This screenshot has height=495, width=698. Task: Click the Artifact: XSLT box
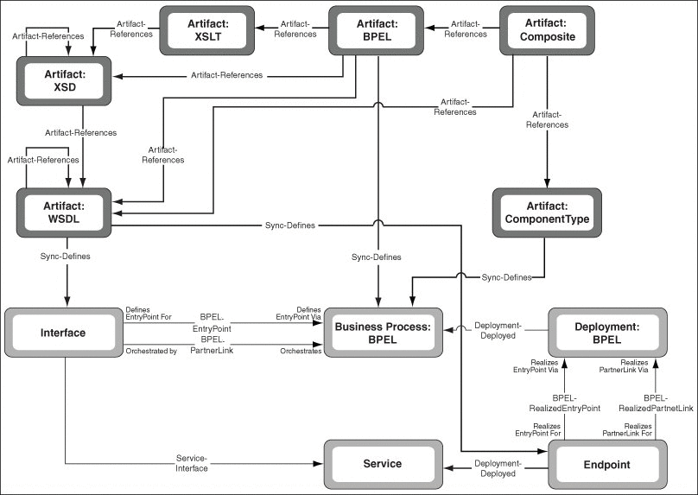point(207,30)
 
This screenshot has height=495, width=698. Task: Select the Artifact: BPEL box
point(376,30)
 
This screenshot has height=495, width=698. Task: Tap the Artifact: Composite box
point(547,30)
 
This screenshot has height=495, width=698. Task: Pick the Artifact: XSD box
point(64,81)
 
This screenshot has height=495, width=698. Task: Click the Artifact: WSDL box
point(64,213)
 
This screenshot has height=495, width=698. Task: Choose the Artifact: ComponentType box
point(547,213)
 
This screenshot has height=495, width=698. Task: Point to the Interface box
point(64,333)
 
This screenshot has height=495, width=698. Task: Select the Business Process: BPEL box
point(384,333)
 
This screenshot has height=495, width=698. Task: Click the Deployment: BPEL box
point(607,333)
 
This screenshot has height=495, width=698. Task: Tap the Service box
point(384,464)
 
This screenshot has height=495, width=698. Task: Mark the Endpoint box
point(607,464)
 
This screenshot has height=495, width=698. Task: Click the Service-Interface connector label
point(192,463)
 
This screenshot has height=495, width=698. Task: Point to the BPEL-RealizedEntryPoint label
point(564,403)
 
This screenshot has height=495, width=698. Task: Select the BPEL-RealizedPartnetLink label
point(656,403)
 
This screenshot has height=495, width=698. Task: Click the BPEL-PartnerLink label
point(212,345)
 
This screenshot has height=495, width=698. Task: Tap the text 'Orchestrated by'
point(151,352)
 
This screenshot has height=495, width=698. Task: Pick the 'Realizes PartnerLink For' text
point(627,429)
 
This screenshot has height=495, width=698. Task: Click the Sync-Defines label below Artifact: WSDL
point(65,257)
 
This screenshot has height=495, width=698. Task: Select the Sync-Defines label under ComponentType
point(506,278)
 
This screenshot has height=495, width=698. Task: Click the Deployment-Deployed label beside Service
point(498,468)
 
